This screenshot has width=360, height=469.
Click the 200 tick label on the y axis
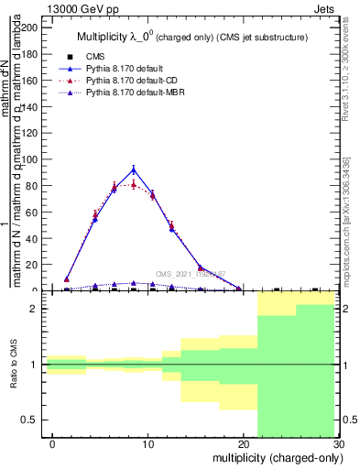coord(30,27)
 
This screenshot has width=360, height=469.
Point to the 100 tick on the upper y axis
coord(30,159)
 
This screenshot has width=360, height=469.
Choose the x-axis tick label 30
coord(338,444)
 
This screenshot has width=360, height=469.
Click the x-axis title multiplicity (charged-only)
coord(276,457)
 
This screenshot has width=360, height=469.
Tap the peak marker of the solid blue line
coord(134,169)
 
